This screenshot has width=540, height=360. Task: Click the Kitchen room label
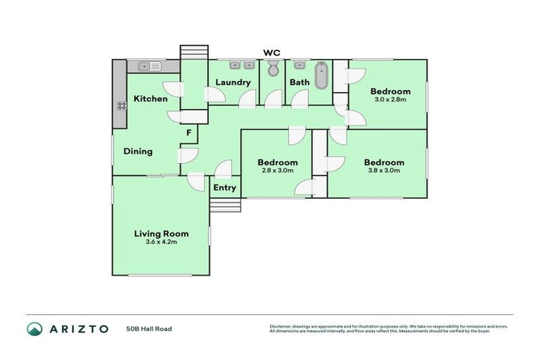tap(150, 98)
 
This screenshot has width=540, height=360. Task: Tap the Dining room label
tap(138, 151)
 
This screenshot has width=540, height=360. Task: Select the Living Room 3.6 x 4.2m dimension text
tap(161, 242)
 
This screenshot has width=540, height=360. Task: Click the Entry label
tap(225, 188)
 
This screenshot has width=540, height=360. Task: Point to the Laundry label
tap(233, 82)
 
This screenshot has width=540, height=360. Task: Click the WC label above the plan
tap(271, 53)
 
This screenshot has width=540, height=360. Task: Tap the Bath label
tap(300, 82)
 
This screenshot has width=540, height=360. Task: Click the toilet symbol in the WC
tap(273, 68)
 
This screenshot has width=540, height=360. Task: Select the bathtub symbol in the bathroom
tap(321, 76)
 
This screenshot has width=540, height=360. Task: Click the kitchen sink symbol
tap(149, 66)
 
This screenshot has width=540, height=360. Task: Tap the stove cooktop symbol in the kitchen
tap(120, 106)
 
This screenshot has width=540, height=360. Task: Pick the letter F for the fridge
tap(188, 132)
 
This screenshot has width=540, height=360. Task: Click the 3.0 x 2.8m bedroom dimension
tap(390, 100)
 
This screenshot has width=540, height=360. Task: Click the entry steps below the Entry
tap(225, 205)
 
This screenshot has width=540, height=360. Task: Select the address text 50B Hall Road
tap(149, 328)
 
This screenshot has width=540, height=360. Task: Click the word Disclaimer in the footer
tap(283, 326)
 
